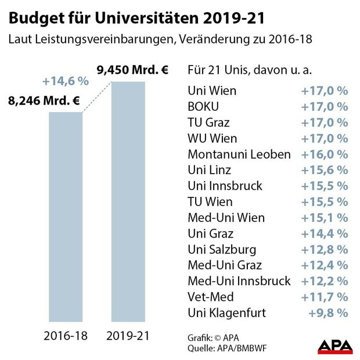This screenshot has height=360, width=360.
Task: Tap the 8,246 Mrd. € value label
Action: click(x=44, y=100)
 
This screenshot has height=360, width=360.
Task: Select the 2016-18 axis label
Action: click(x=64, y=336)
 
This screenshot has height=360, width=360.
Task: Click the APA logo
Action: click(x=335, y=347)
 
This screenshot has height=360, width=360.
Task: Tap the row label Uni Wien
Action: click(x=212, y=91)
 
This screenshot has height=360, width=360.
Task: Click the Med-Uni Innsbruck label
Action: click(x=239, y=281)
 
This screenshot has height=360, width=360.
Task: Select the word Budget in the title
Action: click(x=37, y=18)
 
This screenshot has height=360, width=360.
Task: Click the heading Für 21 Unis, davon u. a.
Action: click(x=249, y=70)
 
